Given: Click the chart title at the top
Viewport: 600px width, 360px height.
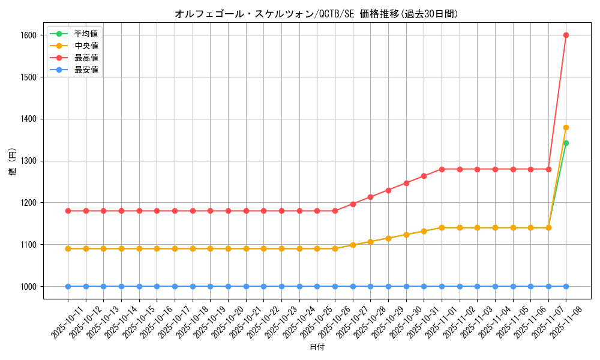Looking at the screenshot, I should (316, 14).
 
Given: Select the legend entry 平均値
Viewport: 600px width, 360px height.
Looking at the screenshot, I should (86, 34).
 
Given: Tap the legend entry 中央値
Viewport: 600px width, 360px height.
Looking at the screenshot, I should (86, 46).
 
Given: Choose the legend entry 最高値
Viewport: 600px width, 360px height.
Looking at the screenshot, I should (86, 58).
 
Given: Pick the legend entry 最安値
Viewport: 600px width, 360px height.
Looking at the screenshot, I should (86, 70).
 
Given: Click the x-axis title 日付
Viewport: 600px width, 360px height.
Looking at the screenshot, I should (317, 347).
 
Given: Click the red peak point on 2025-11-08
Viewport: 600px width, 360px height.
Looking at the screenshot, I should (566, 35).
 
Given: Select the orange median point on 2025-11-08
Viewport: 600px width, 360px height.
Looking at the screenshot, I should (566, 127).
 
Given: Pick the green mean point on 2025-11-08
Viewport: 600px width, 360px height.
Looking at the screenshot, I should (566, 143).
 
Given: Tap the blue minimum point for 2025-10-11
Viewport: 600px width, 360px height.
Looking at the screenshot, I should (68, 286).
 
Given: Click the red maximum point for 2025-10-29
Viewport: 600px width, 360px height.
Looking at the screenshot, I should (388, 190).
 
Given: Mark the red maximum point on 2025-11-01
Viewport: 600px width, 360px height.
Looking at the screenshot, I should (442, 169).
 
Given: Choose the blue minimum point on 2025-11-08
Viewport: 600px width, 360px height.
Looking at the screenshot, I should (566, 286).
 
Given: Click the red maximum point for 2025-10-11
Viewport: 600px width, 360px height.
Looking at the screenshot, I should (68, 211).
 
